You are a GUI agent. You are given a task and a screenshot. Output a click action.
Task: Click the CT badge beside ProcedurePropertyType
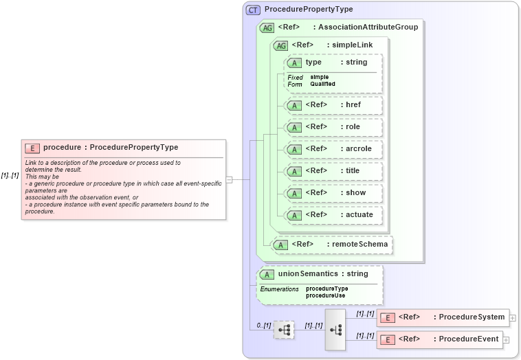coord(253,10)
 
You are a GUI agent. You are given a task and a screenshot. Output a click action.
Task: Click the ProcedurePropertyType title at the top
coord(309,10)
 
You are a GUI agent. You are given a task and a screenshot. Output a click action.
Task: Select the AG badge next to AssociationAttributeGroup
coord(267,27)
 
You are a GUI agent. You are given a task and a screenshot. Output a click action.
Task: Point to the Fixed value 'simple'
coord(319,77)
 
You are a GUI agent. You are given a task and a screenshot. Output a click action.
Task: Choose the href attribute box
coord(334,105)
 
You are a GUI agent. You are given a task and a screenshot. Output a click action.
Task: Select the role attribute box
coord(334,127)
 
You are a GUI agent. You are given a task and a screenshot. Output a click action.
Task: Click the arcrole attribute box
coord(334,149)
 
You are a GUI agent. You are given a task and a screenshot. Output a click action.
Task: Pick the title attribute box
coord(334,171)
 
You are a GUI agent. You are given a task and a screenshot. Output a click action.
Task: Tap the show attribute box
coord(334,193)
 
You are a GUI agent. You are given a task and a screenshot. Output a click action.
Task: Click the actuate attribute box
coord(334,215)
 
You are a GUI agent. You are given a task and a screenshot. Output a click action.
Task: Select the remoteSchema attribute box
coord(332,244)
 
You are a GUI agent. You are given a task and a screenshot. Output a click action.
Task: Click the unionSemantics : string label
coord(318,274)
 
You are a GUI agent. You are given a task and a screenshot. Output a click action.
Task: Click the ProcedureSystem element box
coord(443,317)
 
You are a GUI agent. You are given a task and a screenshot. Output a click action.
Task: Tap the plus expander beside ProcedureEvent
coord(506,339)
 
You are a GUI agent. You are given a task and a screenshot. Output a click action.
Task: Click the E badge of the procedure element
coord(32,148)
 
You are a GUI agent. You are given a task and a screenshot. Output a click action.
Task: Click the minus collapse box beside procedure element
coord(230,179)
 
